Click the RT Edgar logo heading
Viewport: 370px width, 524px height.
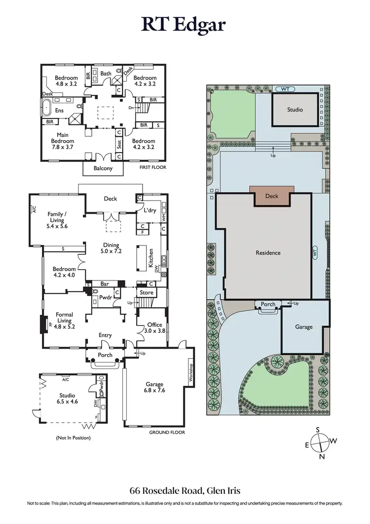tap(185, 24)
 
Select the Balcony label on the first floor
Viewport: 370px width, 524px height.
tap(103, 168)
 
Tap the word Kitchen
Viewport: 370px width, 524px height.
tap(151, 258)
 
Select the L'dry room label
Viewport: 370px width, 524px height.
tap(150, 211)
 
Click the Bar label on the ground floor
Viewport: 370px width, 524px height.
tap(105, 284)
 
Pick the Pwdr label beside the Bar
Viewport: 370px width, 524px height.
tap(105, 298)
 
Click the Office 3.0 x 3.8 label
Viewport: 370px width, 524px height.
tap(154, 328)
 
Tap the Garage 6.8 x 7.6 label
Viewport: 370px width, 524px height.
tap(154, 388)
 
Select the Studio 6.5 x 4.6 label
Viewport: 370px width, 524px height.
tap(68, 399)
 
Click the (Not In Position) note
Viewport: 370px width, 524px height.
tap(74, 438)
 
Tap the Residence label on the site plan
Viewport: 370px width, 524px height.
tap(268, 253)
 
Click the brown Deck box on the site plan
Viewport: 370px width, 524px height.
tap(272, 196)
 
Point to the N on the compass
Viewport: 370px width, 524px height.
tap(322, 457)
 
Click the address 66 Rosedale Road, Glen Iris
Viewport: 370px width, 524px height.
tap(185, 490)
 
